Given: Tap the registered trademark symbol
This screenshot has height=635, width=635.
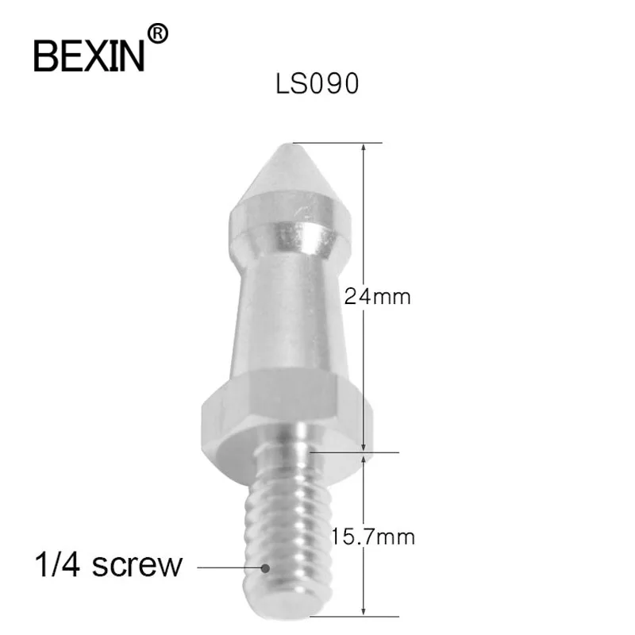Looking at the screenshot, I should click(x=159, y=33).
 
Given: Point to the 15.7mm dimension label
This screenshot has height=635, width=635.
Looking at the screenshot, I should click(x=375, y=537).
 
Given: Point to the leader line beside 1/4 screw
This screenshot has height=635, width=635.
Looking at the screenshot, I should click(x=230, y=568).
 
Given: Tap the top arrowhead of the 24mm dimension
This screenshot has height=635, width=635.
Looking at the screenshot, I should click(x=364, y=147).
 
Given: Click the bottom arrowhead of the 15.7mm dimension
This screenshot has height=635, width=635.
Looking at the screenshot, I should click(x=364, y=612).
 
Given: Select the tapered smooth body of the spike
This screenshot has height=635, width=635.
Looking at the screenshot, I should click(x=285, y=317).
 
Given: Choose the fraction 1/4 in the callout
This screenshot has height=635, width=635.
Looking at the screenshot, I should click(x=54, y=565).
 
